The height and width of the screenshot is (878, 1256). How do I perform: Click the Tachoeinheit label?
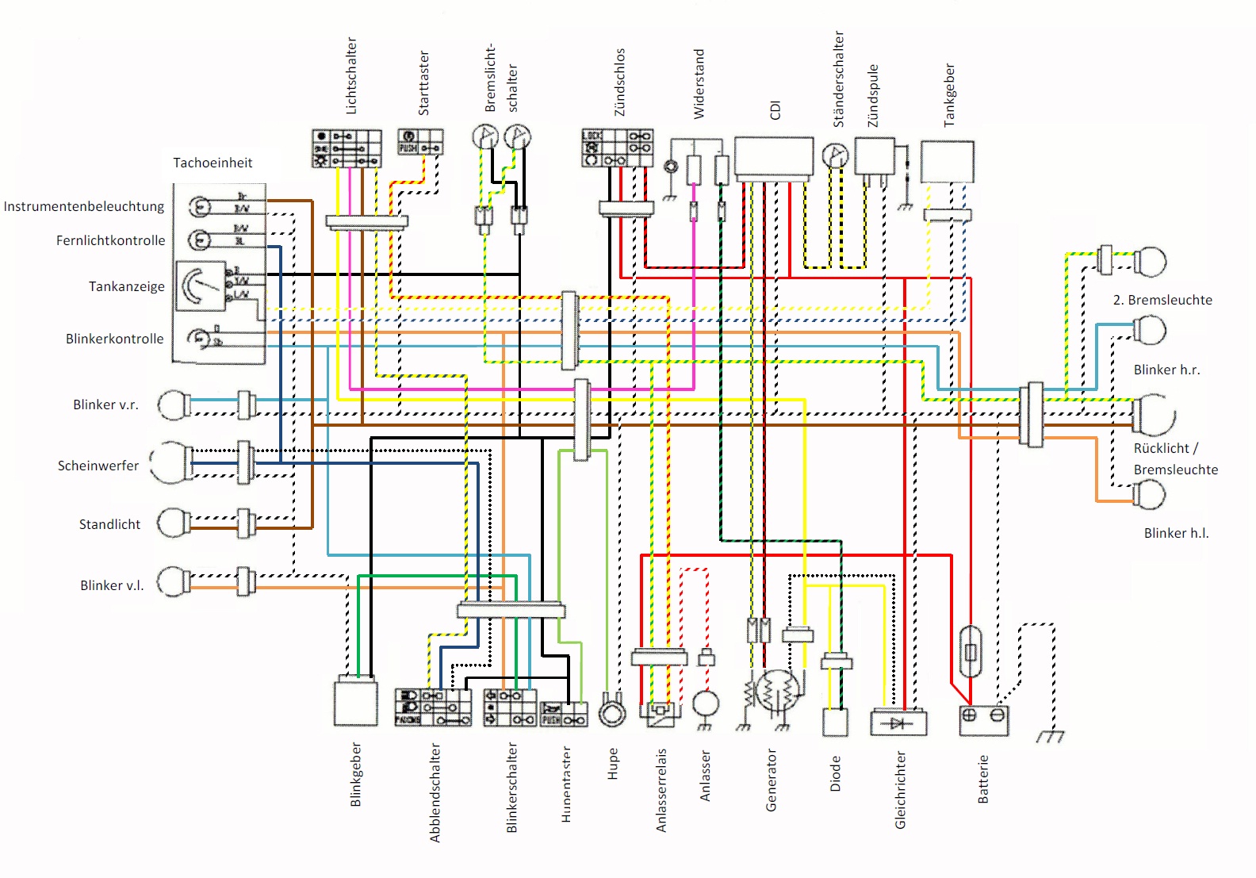[213, 163]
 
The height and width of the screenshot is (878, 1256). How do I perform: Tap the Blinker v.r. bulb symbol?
[174, 404]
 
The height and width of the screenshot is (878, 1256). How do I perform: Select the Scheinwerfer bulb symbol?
[169, 463]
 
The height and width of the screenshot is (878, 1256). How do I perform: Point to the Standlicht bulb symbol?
[173, 523]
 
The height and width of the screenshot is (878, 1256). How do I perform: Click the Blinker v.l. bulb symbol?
[173, 583]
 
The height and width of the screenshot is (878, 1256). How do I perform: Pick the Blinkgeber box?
[355, 703]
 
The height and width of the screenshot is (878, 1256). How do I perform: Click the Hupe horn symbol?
[611, 711]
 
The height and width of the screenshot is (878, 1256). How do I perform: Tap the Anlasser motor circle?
[706, 704]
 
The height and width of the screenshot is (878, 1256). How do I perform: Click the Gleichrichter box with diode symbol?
[898, 723]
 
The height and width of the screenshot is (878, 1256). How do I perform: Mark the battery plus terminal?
[969, 715]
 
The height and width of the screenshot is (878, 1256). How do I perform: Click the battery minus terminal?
[998, 715]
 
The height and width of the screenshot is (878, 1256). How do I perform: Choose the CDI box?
[773, 157]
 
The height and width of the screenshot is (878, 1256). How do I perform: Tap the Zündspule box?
[874, 156]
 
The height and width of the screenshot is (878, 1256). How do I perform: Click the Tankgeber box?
[947, 162]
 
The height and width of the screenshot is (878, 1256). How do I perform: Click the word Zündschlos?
[620, 82]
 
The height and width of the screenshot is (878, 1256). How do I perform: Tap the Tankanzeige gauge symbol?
[201, 286]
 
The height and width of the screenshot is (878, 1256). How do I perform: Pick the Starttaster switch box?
[419, 142]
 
